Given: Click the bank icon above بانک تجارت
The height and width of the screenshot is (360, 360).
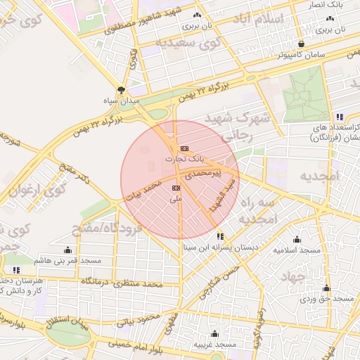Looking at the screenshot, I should coord(184,148).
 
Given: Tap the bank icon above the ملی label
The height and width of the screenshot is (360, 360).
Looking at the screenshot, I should coord(176,188).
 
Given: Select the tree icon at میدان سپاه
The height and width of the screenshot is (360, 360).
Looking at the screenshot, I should coord(121,90).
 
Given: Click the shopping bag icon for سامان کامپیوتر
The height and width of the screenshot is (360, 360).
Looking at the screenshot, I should coord(301,42).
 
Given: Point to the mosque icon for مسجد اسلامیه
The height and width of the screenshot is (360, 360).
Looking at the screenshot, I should coord(297,239).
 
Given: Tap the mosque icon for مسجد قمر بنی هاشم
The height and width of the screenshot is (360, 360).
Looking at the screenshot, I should coord(67,250).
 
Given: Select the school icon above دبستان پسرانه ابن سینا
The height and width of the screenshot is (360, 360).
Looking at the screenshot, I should coord(221,236).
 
